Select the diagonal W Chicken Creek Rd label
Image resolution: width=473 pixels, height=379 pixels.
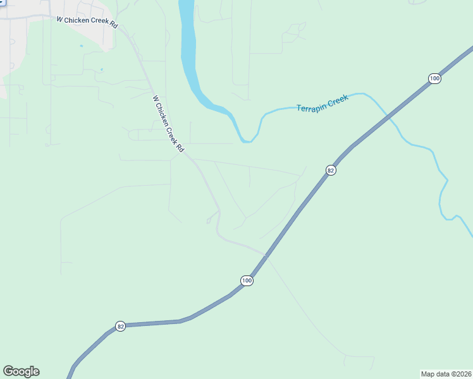pyautogui.click(x=168, y=123)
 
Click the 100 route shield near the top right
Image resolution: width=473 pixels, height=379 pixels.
pyautogui.click(x=434, y=78)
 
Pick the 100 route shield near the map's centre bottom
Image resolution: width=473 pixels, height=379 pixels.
pyautogui.click(x=247, y=280)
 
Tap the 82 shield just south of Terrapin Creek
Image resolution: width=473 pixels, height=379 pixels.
pyautogui.click(x=330, y=170)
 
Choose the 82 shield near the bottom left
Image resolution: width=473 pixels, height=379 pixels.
pyautogui.click(x=120, y=326)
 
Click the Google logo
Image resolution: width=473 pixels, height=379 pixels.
pyautogui.click(x=21, y=371)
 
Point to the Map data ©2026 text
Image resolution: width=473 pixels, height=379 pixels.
pyautogui.click(x=446, y=373)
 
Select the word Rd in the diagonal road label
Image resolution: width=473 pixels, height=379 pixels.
pyautogui.click(x=180, y=147)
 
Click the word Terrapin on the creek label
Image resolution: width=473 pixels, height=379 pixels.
pyautogui.click(x=311, y=106)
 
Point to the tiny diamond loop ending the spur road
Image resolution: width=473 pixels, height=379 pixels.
pyautogui.click(x=209, y=220)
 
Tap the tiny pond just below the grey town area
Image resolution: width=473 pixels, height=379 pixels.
pyautogui.click(x=101, y=69)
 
